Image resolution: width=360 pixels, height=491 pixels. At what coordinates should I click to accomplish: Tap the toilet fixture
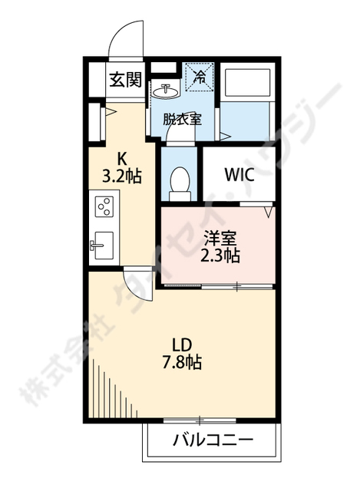click(x=180, y=183)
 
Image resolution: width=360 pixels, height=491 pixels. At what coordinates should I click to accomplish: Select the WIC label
click(x=239, y=173)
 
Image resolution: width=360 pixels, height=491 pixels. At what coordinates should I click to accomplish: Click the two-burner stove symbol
click(x=104, y=207)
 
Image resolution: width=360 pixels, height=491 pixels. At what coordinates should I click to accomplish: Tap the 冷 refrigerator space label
click(x=199, y=77)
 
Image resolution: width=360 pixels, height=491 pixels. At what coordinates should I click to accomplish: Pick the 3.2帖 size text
click(x=123, y=175)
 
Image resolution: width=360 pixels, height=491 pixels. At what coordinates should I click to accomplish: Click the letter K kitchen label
click(x=121, y=160)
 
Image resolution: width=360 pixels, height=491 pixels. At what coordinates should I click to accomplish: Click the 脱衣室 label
click(x=183, y=119)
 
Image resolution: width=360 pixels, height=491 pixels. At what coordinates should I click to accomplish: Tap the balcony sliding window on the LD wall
click(x=199, y=420)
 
